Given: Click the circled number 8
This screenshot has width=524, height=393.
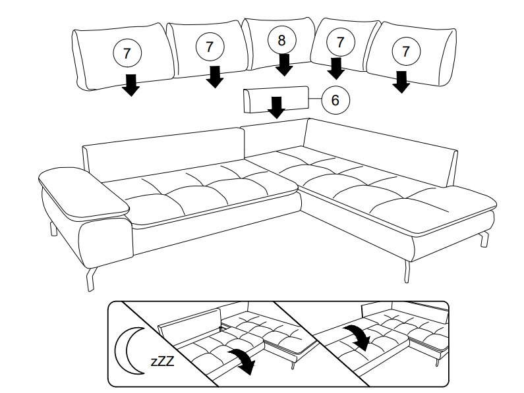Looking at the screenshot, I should point(282,40).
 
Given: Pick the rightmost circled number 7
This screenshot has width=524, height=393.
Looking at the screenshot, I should point(406,51).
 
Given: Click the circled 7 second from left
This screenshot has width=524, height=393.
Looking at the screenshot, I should point(210,47).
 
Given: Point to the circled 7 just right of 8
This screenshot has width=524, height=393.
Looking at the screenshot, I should point(340,43).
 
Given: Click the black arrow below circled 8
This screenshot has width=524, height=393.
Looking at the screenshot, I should point(285,64).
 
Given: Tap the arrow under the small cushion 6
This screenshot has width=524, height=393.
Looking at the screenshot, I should point(277,107).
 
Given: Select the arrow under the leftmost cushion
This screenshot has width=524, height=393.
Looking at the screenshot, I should point(132,85).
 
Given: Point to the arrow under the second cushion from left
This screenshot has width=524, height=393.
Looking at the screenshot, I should point(214,76).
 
